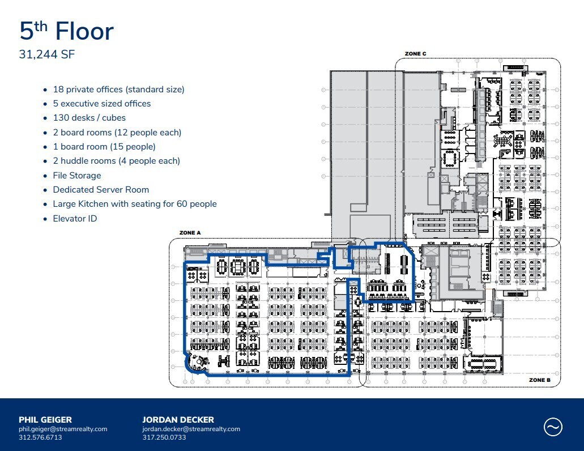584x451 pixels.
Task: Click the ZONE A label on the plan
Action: (x=190, y=233)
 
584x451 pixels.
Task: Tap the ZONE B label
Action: (x=540, y=380)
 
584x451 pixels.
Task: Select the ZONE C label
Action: (x=415, y=54)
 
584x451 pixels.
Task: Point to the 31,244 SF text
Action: (x=47, y=55)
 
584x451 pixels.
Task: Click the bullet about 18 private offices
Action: (x=118, y=90)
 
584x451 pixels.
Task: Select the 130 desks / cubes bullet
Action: (x=89, y=118)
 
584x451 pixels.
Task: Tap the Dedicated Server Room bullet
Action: (x=101, y=190)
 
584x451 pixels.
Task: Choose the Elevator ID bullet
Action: (x=75, y=218)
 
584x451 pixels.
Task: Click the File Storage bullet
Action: (x=77, y=176)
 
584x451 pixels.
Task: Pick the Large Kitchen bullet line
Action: (x=134, y=204)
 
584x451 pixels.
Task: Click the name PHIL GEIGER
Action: (x=45, y=420)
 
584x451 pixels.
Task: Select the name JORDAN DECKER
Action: (x=178, y=420)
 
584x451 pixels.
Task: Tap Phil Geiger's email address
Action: (x=63, y=429)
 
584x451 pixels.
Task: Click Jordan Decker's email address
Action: (x=191, y=429)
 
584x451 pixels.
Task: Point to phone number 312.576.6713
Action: (x=40, y=437)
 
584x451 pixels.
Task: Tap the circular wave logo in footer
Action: (x=553, y=427)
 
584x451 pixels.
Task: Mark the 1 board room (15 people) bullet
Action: (x=104, y=147)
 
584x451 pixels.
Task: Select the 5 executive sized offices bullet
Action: (x=101, y=104)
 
